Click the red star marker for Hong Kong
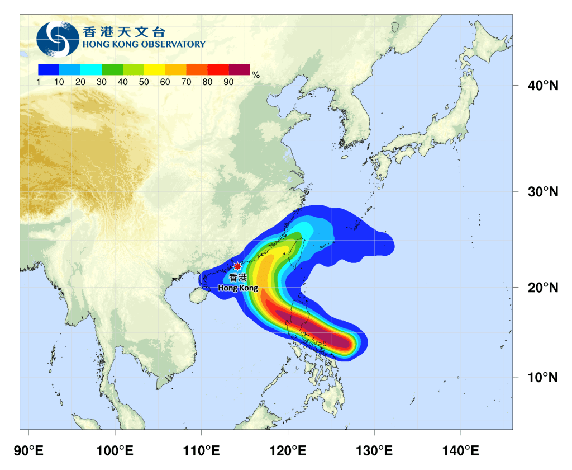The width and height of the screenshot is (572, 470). pyautogui.click(x=237, y=266)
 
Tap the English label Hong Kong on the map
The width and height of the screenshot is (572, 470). pyautogui.click(x=238, y=288)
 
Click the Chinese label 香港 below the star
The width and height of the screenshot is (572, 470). pyautogui.click(x=237, y=278)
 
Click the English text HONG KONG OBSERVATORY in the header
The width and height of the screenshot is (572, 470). pyautogui.click(x=144, y=44)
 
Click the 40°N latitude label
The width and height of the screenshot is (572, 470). pyautogui.click(x=543, y=86)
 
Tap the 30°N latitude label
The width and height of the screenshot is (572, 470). pyautogui.click(x=543, y=192)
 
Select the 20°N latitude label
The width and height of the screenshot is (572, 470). pyautogui.click(x=543, y=288)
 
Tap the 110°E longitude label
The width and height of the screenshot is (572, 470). pyautogui.click(x=201, y=450)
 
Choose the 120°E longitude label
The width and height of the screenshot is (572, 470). pyautogui.click(x=288, y=450)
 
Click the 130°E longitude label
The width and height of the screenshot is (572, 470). pyautogui.click(x=374, y=450)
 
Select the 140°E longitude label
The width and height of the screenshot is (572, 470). pyautogui.click(x=460, y=450)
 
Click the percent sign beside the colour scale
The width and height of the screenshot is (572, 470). pyautogui.click(x=256, y=74)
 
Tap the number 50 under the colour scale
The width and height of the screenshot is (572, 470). pyautogui.click(x=144, y=82)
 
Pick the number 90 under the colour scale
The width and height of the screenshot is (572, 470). pyautogui.click(x=228, y=82)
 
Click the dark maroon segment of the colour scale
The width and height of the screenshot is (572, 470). pyautogui.click(x=239, y=69)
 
